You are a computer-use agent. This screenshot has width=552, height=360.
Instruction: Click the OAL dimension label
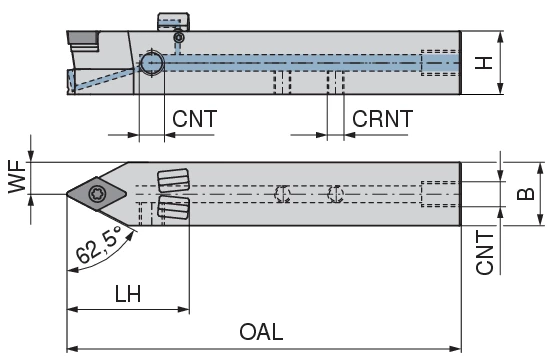(x=261, y=331)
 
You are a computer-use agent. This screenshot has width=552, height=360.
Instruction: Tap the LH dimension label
(x=128, y=294)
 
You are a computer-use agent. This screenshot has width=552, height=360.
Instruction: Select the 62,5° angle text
(x=100, y=245)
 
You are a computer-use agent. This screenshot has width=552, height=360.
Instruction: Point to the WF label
(x=18, y=177)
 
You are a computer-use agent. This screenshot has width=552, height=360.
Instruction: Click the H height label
(x=483, y=63)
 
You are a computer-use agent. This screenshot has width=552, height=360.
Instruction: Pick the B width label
(x=525, y=194)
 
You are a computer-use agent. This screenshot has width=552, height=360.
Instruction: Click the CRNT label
(x=382, y=119)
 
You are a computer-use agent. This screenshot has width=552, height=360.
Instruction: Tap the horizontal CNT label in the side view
(x=194, y=119)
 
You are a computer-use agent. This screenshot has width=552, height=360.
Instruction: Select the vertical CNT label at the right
(x=484, y=252)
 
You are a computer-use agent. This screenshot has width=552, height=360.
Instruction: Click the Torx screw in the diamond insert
(x=96, y=194)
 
